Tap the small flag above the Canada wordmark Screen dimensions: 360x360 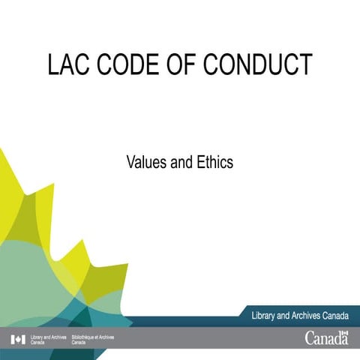pos(344,331)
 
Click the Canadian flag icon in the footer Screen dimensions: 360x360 pos(18,340)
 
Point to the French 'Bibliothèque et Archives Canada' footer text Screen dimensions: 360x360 pos(92,340)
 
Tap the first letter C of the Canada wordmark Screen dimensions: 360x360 pos(310,338)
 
